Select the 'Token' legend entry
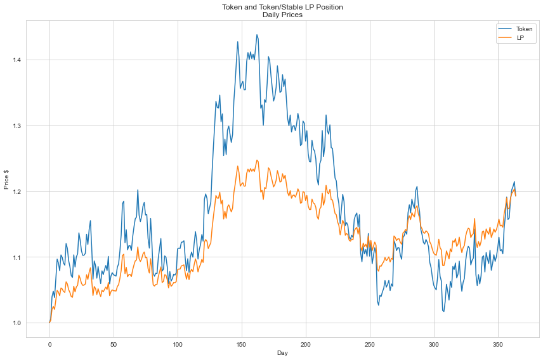click(524, 29)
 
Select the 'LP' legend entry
click(520, 38)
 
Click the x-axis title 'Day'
click(282, 352)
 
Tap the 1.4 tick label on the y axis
click(15, 60)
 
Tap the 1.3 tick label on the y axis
click(15, 126)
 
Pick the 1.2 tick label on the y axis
click(15, 192)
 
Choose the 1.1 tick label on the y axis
click(15, 257)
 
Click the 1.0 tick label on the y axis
click(15, 323)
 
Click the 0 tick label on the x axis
click(49, 344)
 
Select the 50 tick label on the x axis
click(114, 344)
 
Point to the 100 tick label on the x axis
click(178, 344)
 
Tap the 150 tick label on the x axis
click(242, 344)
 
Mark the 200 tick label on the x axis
click(306, 344)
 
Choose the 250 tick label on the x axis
click(370, 344)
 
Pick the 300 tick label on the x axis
click(434, 344)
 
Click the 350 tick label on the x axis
click(498, 344)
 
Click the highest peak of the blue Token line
click(257, 35)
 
